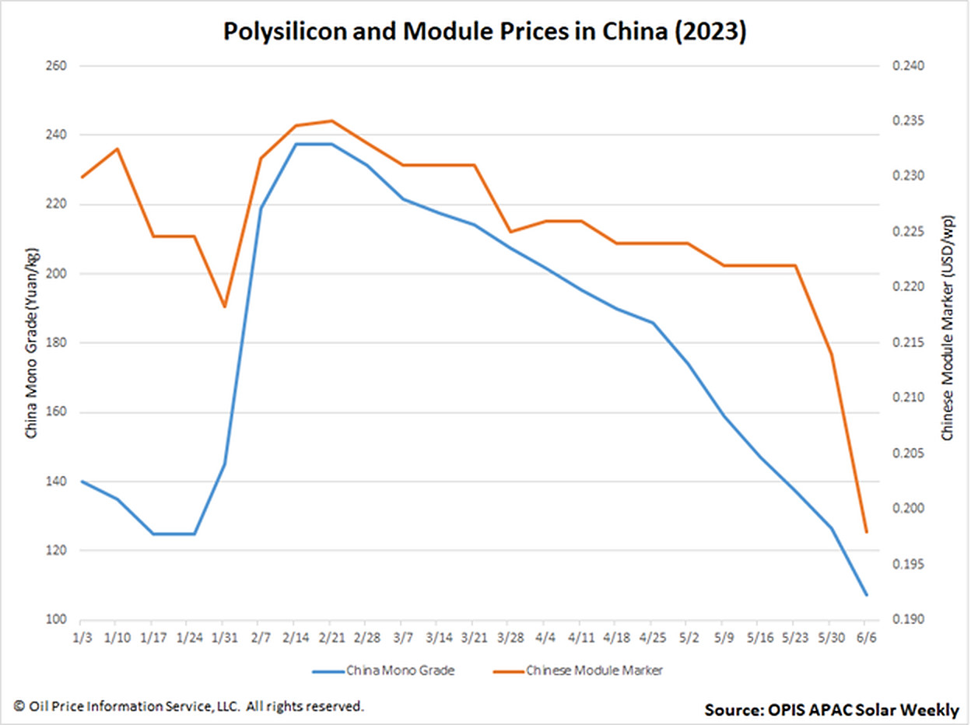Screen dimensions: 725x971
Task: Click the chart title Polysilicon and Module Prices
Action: point(485,32)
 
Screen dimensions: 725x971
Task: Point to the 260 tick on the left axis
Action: point(55,66)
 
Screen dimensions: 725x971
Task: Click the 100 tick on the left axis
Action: point(55,620)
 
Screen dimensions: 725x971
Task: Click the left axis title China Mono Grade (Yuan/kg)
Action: point(32,342)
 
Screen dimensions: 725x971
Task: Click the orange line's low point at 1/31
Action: point(224,306)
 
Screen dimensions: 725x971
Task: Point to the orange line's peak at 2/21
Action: point(331,121)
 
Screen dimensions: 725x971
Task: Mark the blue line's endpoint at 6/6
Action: point(866,595)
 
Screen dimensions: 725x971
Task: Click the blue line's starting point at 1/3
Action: point(82,482)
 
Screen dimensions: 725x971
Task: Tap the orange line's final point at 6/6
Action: point(866,532)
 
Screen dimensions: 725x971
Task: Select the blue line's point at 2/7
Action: point(260,208)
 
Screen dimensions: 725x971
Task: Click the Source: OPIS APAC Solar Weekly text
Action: point(832,709)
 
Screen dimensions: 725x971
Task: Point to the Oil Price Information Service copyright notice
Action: point(188,706)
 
